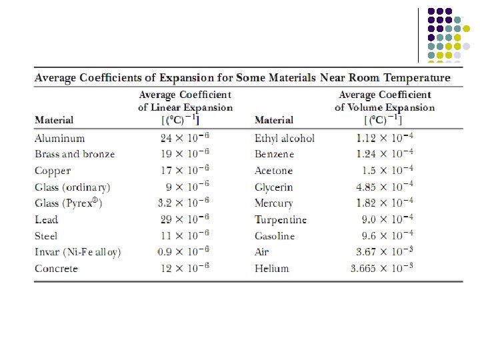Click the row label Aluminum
[x=60, y=138]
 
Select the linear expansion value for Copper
[x=185, y=171]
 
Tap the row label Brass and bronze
[x=75, y=154]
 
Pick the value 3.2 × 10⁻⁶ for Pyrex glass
[x=184, y=203]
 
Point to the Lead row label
[x=46, y=219]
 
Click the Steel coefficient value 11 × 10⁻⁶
[x=185, y=236]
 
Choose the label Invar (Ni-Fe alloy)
[x=78, y=252]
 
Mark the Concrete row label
[x=56, y=269]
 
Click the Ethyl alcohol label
[x=285, y=138]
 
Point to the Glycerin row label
[x=273, y=187]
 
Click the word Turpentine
[x=281, y=219]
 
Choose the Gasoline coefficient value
[x=387, y=236]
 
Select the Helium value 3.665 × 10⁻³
[x=382, y=269]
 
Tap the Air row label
[x=261, y=252]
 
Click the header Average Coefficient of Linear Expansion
[x=185, y=101]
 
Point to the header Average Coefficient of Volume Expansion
[x=385, y=101]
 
